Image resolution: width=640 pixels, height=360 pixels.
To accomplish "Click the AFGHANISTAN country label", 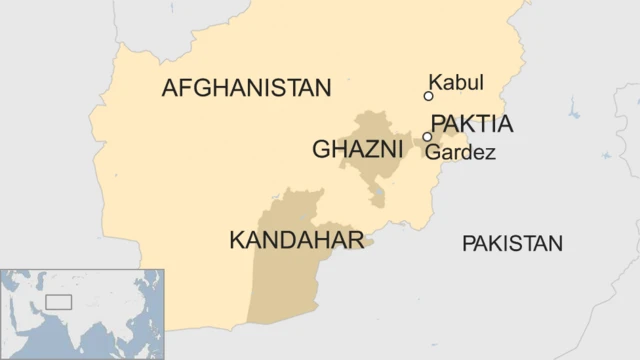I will pyautogui.click(x=246, y=89).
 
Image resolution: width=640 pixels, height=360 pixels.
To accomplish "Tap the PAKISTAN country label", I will pyautogui.click(x=512, y=243).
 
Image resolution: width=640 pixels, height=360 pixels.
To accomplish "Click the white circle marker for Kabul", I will pyautogui.click(x=428, y=97).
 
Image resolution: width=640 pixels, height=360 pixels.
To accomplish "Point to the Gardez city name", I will pyautogui.click(x=460, y=153).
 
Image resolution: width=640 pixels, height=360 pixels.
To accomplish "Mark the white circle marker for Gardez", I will pyautogui.click(x=427, y=137).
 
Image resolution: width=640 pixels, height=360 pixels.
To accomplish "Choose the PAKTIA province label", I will pyautogui.click(x=472, y=125).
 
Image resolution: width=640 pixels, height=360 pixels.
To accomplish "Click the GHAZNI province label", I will pyautogui.click(x=357, y=150).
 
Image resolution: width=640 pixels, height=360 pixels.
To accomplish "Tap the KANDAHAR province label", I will pyautogui.click(x=282, y=240).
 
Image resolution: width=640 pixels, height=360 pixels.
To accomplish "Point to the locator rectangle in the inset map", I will pyautogui.click(x=59, y=301).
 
